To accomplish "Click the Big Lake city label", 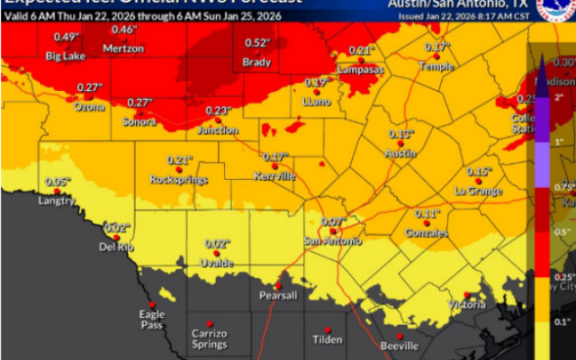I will [66, 57].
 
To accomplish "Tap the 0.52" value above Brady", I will [257, 42].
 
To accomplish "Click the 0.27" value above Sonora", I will [139, 103].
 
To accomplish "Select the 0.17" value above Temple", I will [436, 47].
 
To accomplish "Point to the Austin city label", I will [400, 154].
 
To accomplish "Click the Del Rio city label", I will [116, 247].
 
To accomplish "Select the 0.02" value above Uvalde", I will [217, 243].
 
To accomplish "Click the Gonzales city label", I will [426, 233].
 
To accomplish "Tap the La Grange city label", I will [478, 191].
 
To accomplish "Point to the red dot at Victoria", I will [466, 295].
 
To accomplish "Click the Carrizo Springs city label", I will [209, 339].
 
